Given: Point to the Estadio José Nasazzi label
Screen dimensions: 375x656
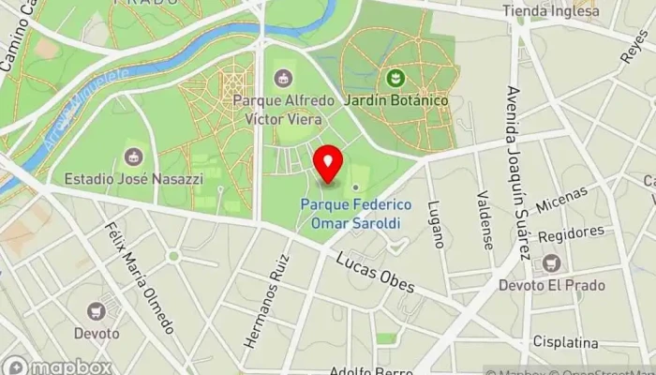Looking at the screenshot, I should click(x=127, y=177).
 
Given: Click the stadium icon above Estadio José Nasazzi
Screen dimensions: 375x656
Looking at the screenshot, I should click(x=133, y=155).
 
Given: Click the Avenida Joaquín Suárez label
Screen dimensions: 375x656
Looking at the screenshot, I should click(x=515, y=174).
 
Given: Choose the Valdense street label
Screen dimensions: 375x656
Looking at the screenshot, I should click(x=485, y=220).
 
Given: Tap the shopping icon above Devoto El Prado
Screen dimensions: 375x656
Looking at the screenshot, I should click(x=551, y=263).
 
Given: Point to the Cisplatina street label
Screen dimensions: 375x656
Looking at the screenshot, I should click(x=565, y=342).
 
